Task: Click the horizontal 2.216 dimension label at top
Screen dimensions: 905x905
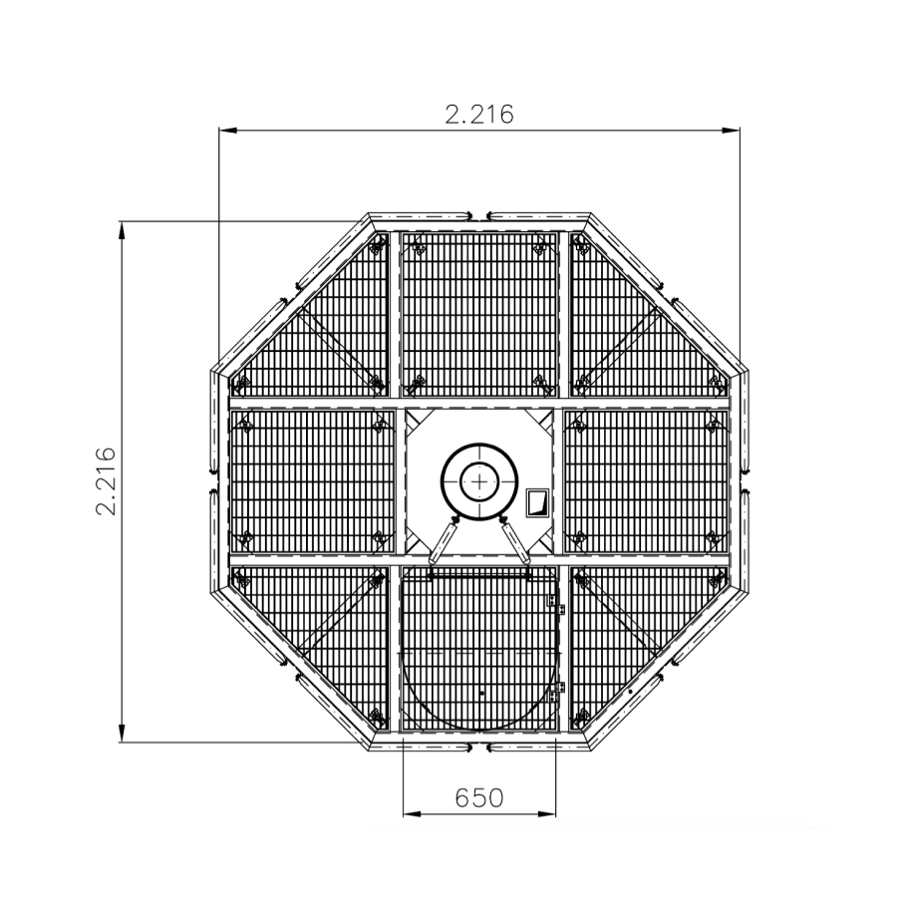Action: pyautogui.click(x=479, y=115)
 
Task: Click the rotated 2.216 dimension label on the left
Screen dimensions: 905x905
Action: pyautogui.click(x=107, y=480)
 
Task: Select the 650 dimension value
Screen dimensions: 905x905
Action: pyautogui.click(x=479, y=797)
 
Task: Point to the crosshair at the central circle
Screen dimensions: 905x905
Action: pyautogui.click(x=479, y=481)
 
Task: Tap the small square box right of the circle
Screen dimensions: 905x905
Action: pyautogui.click(x=537, y=502)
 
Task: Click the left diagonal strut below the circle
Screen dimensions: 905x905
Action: pyautogui.click(x=443, y=540)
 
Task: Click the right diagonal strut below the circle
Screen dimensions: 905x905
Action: pyautogui.click(x=515, y=540)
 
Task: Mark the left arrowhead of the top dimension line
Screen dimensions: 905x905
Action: pyautogui.click(x=227, y=131)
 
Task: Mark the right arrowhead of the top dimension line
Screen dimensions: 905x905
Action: pyautogui.click(x=731, y=131)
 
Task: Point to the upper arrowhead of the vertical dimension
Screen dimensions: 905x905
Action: pyautogui.click(x=122, y=230)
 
